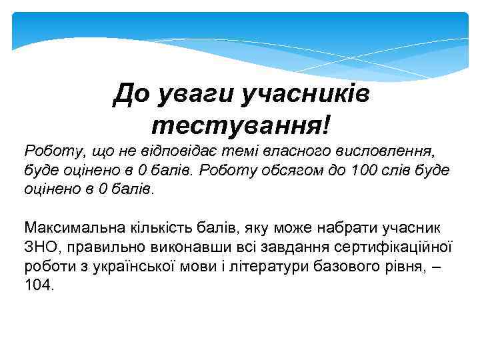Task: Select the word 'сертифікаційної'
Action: [392, 247]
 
